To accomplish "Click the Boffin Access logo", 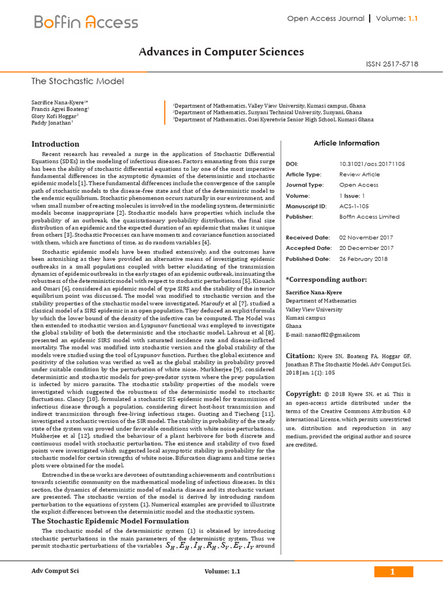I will click(x=86, y=23).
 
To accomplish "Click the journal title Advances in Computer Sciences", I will click(x=221, y=52).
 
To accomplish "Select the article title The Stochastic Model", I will click(x=77, y=81).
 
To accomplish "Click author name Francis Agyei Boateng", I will click(x=60, y=109).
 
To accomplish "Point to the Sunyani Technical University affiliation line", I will click(x=268, y=113).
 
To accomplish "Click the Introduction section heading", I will click(x=55, y=144).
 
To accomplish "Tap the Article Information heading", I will click(x=346, y=143).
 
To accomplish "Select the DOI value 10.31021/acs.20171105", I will click(x=372, y=164).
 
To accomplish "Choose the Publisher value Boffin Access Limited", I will click(x=369, y=216).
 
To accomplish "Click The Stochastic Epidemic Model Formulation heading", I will click(x=110, y=521).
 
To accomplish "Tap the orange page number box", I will click(x=393, y=572).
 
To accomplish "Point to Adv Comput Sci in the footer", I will click(x=55, y=571).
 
